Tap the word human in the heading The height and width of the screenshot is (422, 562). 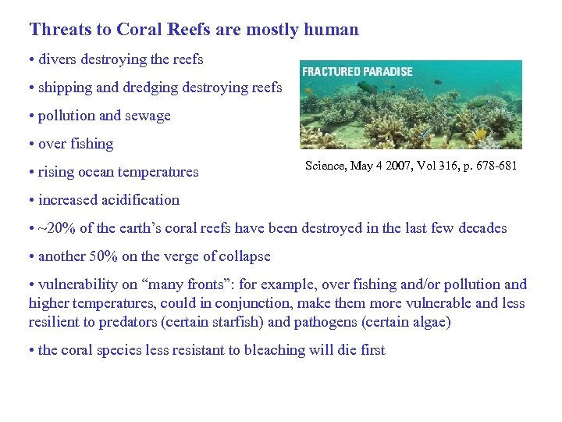tap(333, 30)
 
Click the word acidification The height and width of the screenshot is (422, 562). tap(140, 200)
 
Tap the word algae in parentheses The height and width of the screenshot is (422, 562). tap(428, 322)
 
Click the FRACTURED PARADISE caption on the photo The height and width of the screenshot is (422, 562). tap(357, 72)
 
